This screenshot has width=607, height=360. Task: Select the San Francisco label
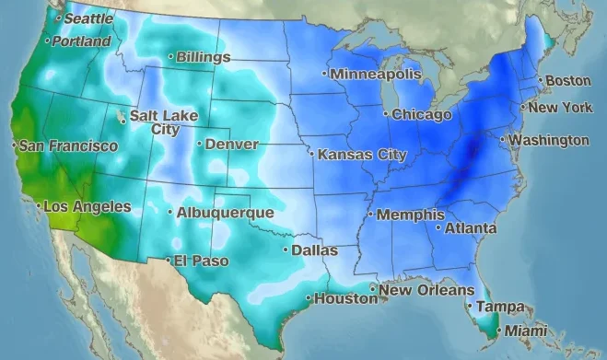click(x=68, y=146)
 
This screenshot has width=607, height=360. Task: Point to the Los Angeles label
click(x=88, y=207)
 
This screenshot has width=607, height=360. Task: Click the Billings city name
click(x=203, y=57)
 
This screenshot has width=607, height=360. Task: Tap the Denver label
click(x=231, y=145)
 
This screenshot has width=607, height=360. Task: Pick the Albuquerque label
click(x=225, y=213)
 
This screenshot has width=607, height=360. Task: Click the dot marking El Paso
click(x=168, y=261)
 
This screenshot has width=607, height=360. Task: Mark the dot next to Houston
click(x=309, y=298)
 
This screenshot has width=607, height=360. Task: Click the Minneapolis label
click(x=375, y=74)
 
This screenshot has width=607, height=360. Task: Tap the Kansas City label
click(x=362, y=155)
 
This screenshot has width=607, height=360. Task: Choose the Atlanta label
click(x=471, y=228)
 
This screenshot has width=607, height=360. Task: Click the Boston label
click(x=568, y=81)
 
